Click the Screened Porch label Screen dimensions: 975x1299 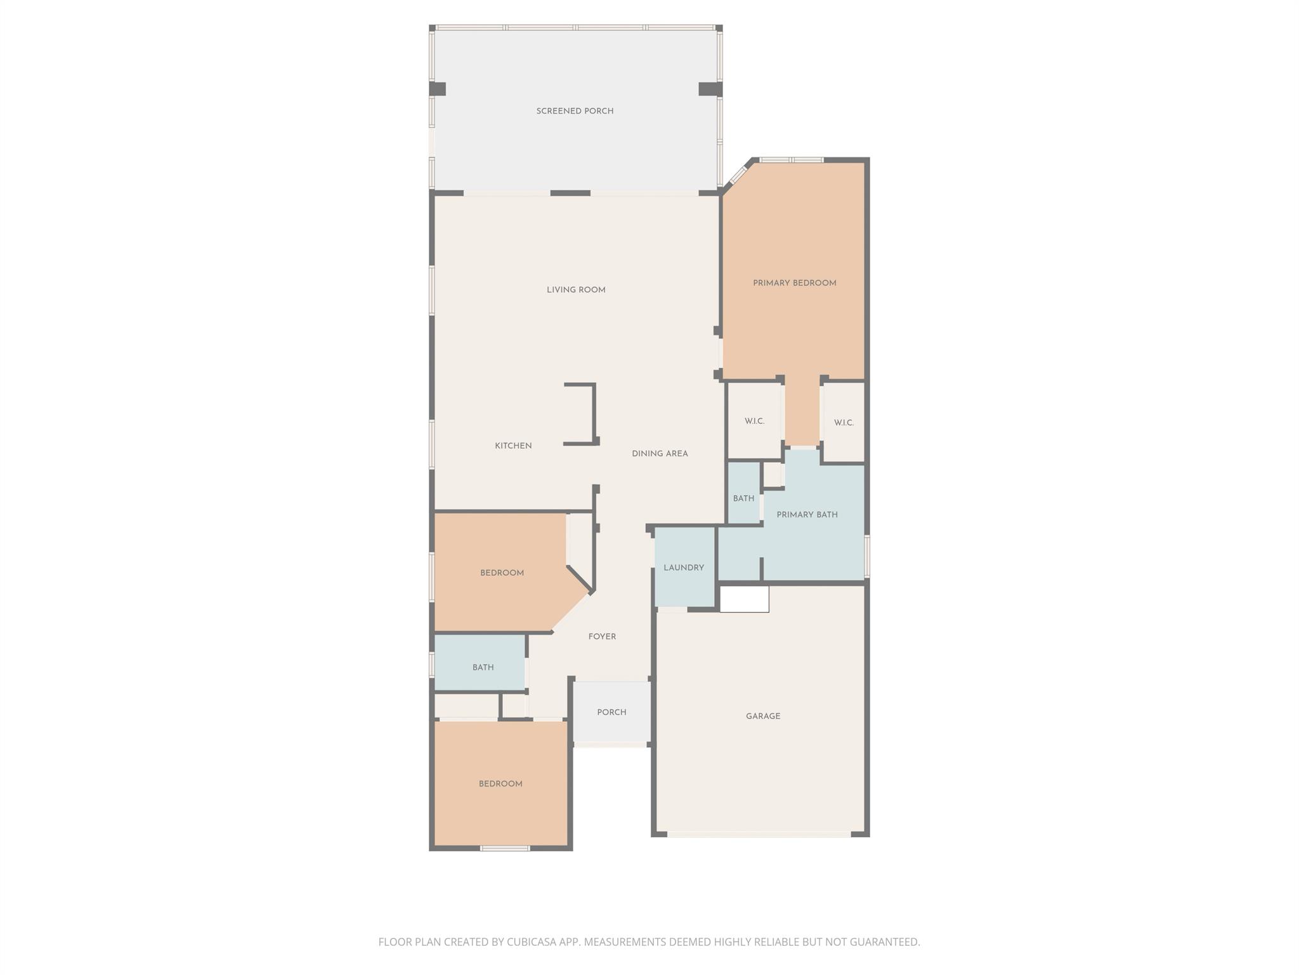tap(575, 111)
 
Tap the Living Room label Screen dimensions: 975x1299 tap(576, 290)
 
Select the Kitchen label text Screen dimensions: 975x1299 tap(513, 446)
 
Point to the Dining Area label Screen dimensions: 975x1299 tap(660, 454)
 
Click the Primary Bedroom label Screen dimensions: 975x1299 tap(794, 283)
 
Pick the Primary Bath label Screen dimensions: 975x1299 tap(807, 515)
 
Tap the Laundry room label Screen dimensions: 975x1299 tap(683, 567)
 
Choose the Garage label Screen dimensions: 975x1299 tap(763, 716)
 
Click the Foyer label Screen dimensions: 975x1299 tap(602, 637)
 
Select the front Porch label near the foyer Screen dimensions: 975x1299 tap(611, 712)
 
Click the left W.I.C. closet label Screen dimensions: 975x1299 tap(754, 421)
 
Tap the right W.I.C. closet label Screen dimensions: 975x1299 tap(844, 423)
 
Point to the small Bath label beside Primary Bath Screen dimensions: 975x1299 tap(743, 498)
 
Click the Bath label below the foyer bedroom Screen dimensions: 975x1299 tap(483, 667)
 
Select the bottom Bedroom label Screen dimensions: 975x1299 tap(500, 784)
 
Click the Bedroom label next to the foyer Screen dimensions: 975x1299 tap(502, 573)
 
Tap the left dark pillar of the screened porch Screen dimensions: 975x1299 tap(438, 89)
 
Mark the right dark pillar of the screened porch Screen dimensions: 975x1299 tap(710, 89)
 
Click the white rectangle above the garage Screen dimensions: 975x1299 tap(744, 599)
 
